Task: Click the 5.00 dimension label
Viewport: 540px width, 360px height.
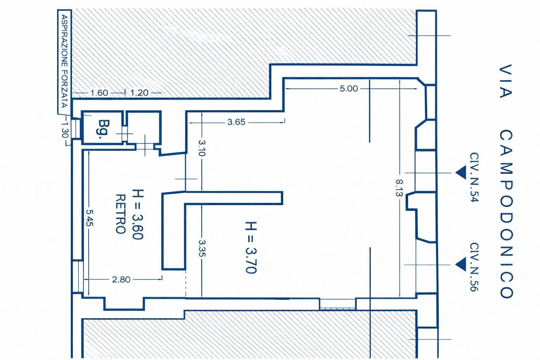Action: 348,89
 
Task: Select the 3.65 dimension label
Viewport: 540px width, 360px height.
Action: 236,122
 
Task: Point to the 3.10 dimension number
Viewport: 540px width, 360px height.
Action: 201,148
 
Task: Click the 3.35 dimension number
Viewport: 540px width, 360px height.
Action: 201,248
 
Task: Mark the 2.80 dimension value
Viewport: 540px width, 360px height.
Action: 121,279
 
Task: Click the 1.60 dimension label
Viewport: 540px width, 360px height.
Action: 99,93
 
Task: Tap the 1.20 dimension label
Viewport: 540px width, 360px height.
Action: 139,93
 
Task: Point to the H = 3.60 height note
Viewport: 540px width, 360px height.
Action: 137,214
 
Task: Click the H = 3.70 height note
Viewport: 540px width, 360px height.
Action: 251,247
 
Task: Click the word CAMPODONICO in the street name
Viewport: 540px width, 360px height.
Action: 506,214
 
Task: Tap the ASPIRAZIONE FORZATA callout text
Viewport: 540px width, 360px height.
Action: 64,62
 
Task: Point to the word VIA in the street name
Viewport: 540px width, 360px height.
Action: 506,81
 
